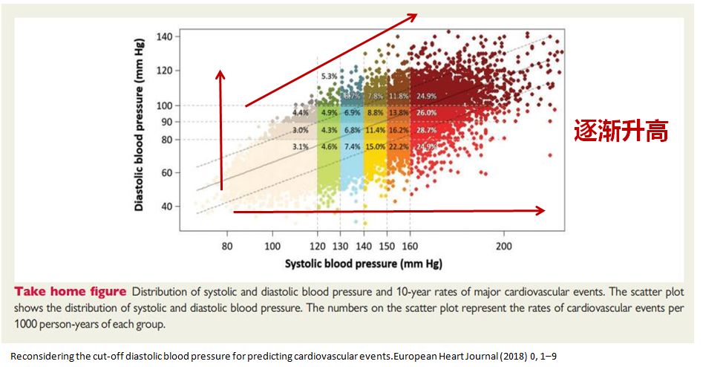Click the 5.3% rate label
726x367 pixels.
(329, 77)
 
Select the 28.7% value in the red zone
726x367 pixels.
(426, 130)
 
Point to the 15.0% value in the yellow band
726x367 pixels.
(376, 147)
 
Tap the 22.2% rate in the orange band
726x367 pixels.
(399, 147)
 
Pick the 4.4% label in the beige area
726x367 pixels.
(301, 113)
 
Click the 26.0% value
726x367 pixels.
(426, 113)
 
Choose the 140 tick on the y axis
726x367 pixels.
(164, 36)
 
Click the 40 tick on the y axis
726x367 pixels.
(167, 207)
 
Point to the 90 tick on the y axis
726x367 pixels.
(167, 122)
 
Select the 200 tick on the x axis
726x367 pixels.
(504, 246)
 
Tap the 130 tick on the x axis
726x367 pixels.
(341, 246)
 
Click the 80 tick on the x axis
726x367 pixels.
(227, 246)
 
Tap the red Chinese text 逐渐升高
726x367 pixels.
(621, 131)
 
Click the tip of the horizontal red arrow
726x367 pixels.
(545, 210)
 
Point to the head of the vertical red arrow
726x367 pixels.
(220, 71)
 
